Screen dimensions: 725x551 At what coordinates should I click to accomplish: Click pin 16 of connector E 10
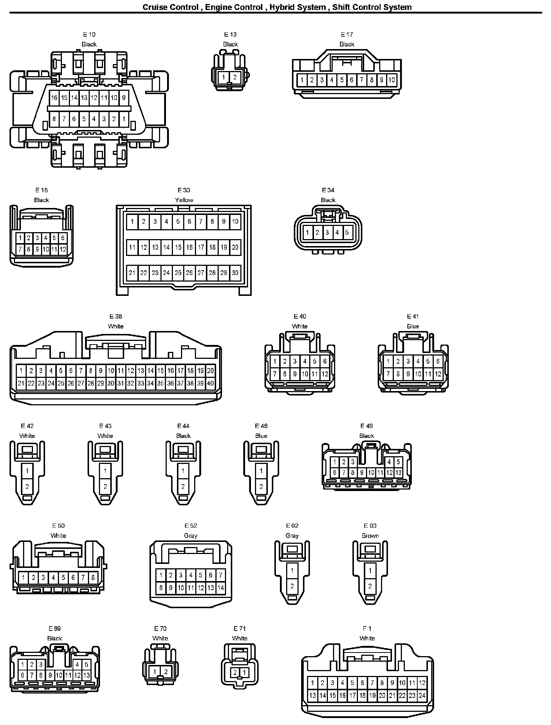coord(54,98)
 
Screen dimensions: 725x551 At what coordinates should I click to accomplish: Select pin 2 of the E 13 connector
coord(235,77)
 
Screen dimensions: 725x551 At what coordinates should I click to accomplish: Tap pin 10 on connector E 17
coord(392,80)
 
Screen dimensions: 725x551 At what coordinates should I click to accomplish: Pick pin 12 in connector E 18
coord(63,249)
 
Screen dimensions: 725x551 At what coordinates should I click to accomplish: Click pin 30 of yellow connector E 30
coord(235,272)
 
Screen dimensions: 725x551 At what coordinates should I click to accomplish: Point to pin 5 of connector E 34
coord(347,232)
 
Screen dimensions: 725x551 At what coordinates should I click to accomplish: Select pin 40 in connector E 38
coord(210,383)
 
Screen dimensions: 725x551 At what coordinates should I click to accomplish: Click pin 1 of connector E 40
coord(275,361)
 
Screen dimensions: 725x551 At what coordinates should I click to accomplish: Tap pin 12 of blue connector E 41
coord(438,374)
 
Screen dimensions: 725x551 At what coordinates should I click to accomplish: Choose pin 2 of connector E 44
coord(183,487)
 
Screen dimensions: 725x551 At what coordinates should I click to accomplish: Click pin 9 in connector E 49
coord(362,473)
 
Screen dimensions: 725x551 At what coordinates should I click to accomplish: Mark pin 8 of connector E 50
coord(93,578)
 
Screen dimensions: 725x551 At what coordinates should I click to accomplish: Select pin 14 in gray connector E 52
coord(221,588)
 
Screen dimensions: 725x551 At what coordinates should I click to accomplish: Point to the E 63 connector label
coord(370,526)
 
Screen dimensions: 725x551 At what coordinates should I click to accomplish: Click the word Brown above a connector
coord(370,536)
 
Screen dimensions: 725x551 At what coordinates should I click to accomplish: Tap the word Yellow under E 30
coord(184,200)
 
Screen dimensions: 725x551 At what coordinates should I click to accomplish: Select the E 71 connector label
coord(240,629)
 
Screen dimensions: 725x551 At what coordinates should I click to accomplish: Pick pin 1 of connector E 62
coord(292,570)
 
